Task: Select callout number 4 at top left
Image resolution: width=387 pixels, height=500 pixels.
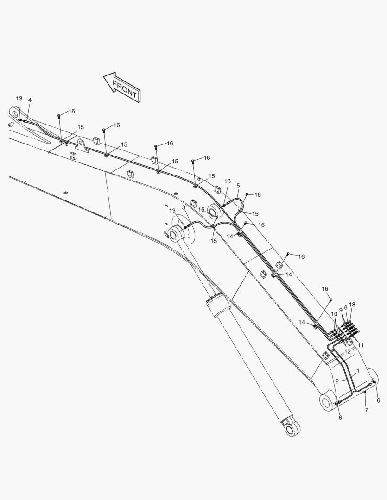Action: click(x=30, y=100)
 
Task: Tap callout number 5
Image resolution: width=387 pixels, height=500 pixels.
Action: click(x=238, y=186)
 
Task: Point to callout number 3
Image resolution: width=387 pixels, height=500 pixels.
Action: click(x=184, y=207)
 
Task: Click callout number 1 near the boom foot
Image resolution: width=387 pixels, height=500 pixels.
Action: click(x=358, y=371)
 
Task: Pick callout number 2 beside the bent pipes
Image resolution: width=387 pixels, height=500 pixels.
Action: click(x=337, y=381)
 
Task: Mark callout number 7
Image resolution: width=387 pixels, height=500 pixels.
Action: click(x=366, y=410)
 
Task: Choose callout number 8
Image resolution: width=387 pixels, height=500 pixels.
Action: click(x=346, y=307)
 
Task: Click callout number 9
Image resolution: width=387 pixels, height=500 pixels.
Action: click(x=341, y=310)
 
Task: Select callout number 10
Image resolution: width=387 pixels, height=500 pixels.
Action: click(x=334, y=314)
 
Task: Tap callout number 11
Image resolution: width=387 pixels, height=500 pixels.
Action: click(x=361, y=345)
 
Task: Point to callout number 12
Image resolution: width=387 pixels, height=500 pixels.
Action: click(x=348, y=351)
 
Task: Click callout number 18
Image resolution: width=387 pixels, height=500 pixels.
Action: click(x=352, y=305)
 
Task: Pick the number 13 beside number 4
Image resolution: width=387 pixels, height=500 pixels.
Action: click(x=19, y=99)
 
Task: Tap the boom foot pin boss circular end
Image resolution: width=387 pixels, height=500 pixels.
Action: click(x=326, y=402)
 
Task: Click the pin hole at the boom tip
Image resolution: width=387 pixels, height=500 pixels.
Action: click(x=14, y=112)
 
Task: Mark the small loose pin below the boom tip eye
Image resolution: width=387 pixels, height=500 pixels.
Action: click(x=11, y=125)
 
